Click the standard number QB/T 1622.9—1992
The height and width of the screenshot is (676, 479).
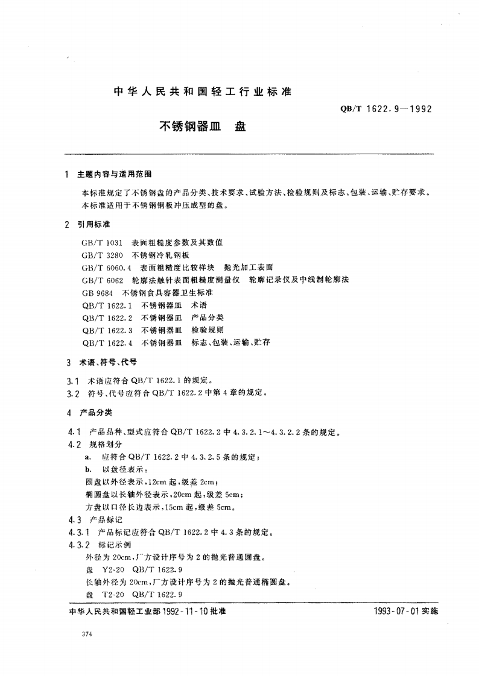coord(387,110)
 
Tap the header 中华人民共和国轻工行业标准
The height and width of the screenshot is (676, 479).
coord(202,92)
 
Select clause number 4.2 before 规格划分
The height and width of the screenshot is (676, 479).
coord(75,444)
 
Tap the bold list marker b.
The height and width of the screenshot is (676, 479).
coord(87,469)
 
